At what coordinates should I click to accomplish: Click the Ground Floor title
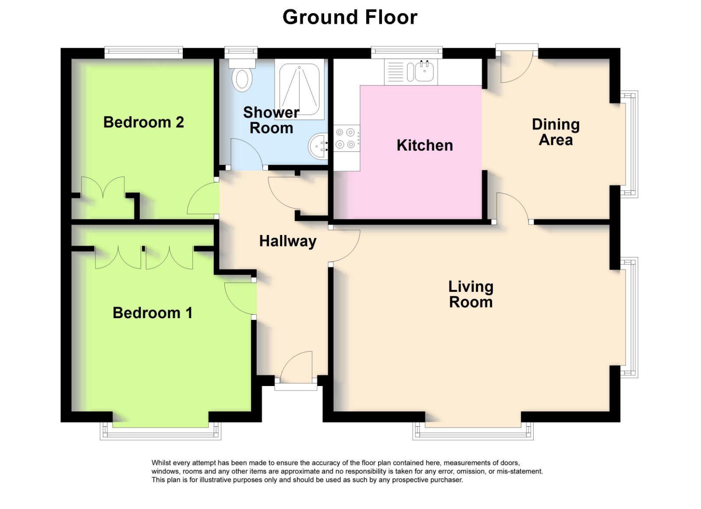coord(350,18)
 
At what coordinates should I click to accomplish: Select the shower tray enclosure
coord(300,89)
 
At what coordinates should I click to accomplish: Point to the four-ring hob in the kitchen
coord(345,138)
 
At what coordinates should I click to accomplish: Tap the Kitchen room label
coord(425,145)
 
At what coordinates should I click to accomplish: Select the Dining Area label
coord(556,132)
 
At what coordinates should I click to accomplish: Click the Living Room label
coord(471,295)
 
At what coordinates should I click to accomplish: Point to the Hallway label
coord(287,241)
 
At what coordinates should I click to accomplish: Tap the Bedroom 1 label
coord(152,313)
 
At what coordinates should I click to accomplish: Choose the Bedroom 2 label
coord(143,122)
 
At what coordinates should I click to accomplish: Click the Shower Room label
coord(271,120)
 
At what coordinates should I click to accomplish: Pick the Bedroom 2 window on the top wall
coord(143,53)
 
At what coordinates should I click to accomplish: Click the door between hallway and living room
coord(345,245)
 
